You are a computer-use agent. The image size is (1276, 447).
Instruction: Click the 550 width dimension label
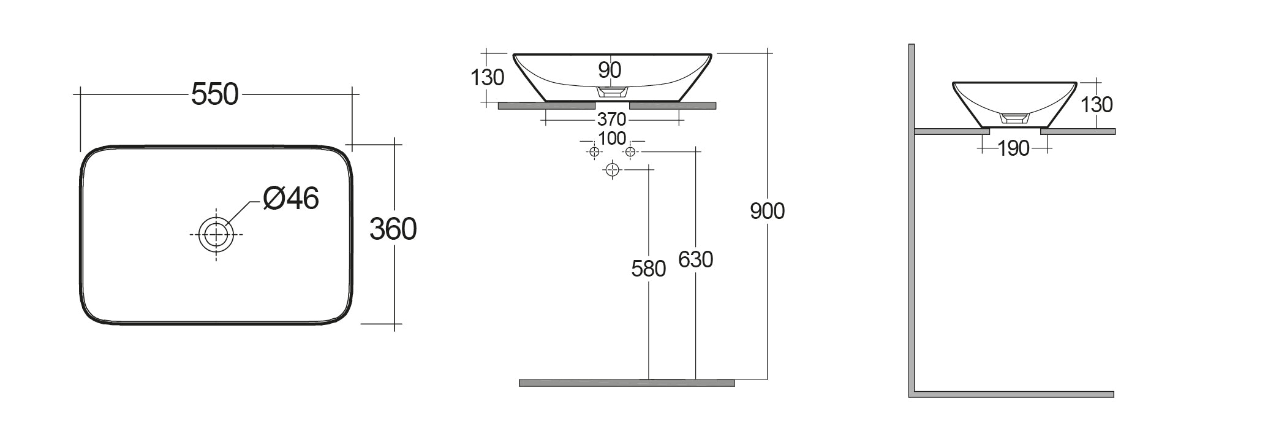point(214,94)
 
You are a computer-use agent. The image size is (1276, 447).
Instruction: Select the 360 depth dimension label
point(393,229)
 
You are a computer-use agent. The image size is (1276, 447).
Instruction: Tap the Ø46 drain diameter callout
point(290,198)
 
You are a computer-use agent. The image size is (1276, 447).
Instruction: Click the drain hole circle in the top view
point(216,234)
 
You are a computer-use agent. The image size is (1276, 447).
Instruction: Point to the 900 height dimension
point(767,211)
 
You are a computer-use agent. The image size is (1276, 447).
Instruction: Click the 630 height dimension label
point(695,260)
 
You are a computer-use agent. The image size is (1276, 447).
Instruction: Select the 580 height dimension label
point(648,269)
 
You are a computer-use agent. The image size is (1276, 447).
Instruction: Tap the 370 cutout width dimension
point(611,118)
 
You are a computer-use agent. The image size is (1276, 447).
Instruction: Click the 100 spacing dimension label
point(612,139)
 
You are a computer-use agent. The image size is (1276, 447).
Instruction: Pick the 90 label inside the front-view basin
point(610,71)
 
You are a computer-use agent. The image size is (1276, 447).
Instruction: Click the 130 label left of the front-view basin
point(488,78)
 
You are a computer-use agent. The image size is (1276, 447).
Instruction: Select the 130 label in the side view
point(1097,105)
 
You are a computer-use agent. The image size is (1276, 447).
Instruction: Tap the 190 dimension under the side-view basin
point(1014,148)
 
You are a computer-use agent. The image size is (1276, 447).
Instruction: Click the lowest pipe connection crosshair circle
point(612,170)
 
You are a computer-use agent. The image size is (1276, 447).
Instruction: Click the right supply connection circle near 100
point(631,151)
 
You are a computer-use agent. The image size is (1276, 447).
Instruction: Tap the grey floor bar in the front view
point(626,383)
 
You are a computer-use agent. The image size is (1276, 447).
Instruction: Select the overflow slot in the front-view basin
point(612,92)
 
